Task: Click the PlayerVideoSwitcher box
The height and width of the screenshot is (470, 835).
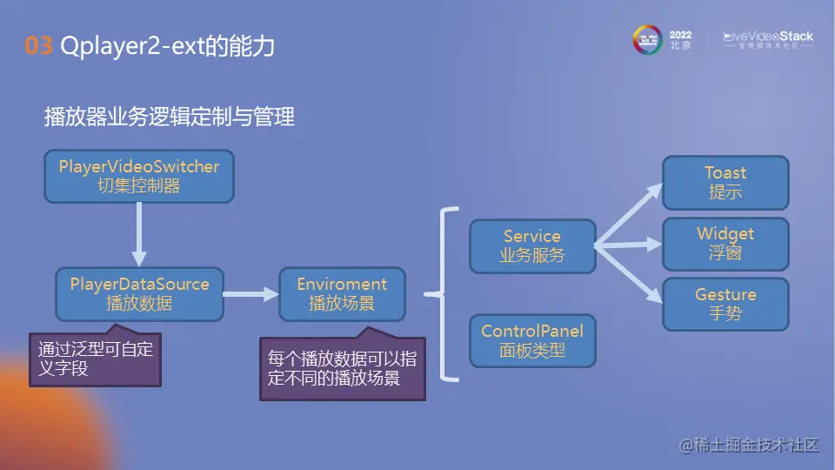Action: tap(139, 176)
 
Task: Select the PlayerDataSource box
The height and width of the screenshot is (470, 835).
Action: tap(139, 294)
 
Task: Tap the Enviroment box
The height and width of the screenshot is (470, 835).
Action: tap(342, 294)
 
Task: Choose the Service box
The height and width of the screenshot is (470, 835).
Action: tap(532, 245)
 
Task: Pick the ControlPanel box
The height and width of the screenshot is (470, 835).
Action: tap(532, 340)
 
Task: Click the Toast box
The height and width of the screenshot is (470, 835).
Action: tap(725, 183)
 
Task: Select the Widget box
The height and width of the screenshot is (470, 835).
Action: tap(725, 244)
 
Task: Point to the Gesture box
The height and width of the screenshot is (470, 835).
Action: tap(725, 304)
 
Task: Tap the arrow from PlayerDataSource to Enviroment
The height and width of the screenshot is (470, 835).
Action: tap(250, 295)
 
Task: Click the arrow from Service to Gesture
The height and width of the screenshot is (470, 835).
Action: tap(628, 273)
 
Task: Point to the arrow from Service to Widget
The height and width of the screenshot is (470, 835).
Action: tap(628, 245)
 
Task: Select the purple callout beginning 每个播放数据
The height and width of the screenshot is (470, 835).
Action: tap(342, 368)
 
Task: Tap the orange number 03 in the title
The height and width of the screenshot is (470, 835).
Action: tap(39, 46)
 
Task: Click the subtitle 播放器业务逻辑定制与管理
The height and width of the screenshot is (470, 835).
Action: tap(170, 117)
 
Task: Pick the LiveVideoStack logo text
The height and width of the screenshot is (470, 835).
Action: tap(769, 37)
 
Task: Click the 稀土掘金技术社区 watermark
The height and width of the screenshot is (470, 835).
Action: tap(749, 445)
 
